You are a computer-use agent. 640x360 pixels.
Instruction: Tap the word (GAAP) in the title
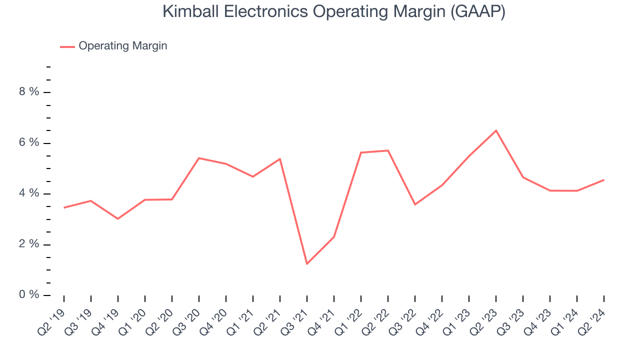(x=477, y=12)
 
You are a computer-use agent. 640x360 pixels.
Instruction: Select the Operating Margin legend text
(x=122, y=46)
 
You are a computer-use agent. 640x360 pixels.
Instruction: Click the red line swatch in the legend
(x=67, y=46)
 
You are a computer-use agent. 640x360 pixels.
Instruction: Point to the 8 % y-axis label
(x=29, y=92)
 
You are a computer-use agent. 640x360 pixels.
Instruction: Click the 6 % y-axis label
(x=29, y=143)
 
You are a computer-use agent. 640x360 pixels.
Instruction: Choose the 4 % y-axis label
(x=29, y=193)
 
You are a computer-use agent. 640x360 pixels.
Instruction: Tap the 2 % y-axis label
(x=29, y=244)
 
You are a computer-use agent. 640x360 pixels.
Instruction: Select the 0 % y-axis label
(x=29, y=295)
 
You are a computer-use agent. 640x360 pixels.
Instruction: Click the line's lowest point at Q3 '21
(x=306, y=263)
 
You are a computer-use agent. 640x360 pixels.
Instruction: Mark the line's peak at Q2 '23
(x=495, y=130)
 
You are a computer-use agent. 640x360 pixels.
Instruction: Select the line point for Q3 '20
(x=199, y=158)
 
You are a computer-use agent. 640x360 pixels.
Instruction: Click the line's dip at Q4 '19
(x=118, y=218)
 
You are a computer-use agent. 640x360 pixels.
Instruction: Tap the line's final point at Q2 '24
(x=603, y=180)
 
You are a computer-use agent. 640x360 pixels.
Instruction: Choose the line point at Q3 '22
(x=414, y=204)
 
